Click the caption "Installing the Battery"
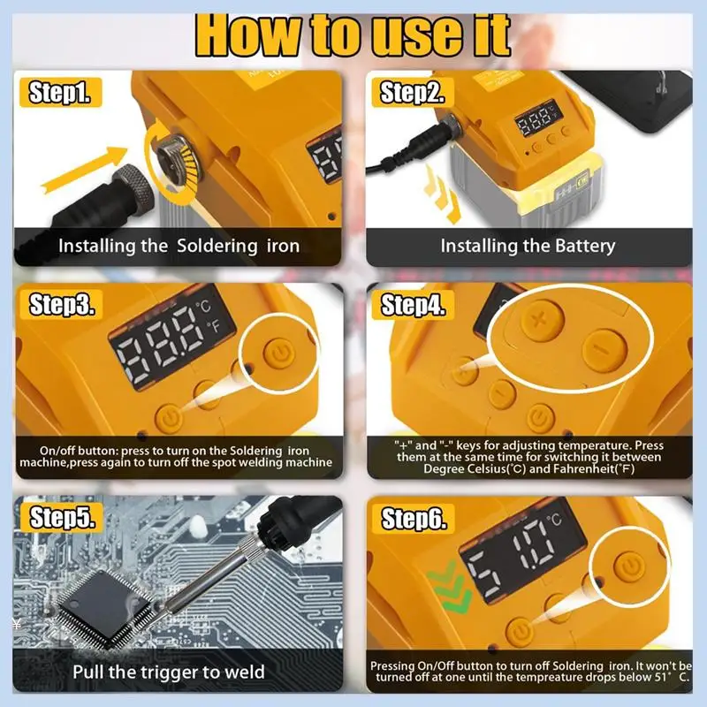528,246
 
